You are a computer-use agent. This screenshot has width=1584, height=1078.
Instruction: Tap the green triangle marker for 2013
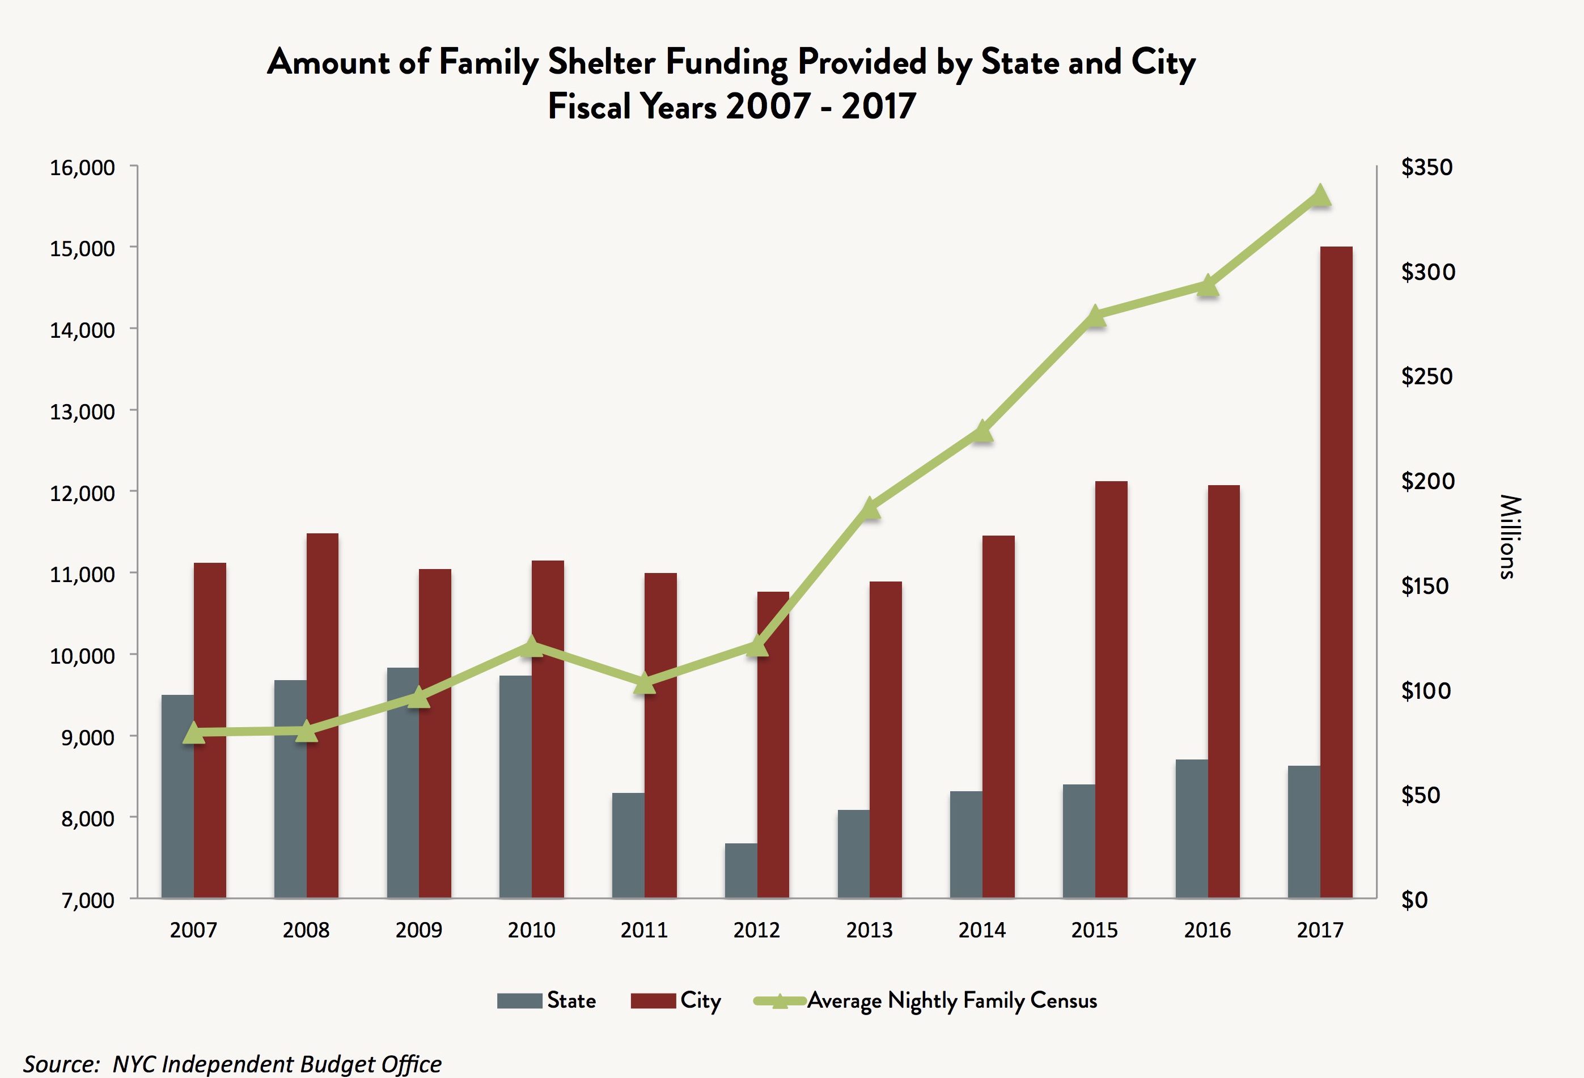[870, 508]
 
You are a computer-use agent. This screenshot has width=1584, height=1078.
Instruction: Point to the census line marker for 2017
[1320, 196]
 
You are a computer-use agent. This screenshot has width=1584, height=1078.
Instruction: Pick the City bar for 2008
[323, 715]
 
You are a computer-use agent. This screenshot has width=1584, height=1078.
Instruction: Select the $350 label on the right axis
[1426, 168]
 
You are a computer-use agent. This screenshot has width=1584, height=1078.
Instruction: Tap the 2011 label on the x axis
[643, 930]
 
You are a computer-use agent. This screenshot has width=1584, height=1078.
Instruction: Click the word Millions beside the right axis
[1510, 537]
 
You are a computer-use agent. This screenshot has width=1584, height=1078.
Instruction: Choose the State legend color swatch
[519, 1001]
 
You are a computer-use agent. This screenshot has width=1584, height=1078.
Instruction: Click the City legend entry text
[700, 1000]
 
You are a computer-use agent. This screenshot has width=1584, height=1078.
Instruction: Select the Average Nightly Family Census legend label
[951, 1000]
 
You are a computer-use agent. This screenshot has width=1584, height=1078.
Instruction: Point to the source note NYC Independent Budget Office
[277, 1064]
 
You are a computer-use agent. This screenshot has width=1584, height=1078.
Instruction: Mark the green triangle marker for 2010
[532, 646]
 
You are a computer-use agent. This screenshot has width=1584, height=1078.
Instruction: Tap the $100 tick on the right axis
[1427, 691]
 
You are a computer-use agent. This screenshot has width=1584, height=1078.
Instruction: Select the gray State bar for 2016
[1192, 829]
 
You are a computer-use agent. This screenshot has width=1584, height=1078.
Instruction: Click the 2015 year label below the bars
[1094, 930]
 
